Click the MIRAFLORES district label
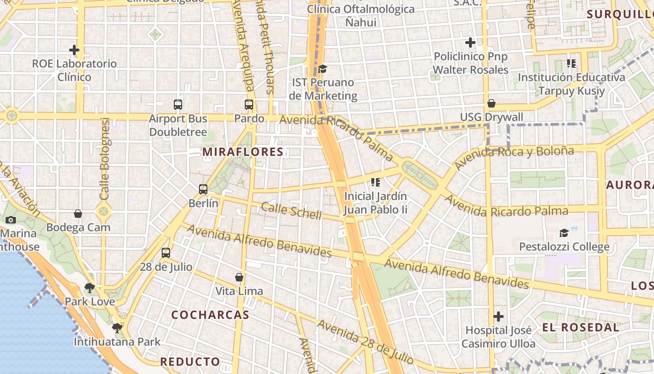[x=243, y=151]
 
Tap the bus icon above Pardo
[x=249, y=105]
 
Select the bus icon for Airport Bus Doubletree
[x=178, y=105]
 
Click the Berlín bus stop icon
[x=203, y=189]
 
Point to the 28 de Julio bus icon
[x=166, y=253]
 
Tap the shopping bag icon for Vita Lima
[x=239, y=277]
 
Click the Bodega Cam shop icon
[x=78, y=214]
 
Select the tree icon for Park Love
[x=89, y=288]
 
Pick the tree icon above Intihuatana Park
[x=117, y=328]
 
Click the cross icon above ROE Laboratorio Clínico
[x=74, y=50]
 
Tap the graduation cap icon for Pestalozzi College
[x=564, y=233]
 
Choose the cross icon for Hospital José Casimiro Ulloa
[x=498, y=316]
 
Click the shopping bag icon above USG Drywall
[x=491, y=103]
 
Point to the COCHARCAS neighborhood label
[x=210, y=315]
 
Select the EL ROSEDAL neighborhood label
[x=581, y=327]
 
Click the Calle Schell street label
[x=291, y=211]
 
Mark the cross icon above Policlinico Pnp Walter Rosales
[x=470, y=43]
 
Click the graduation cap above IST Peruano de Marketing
[x=322, y=69]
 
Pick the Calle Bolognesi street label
[x=105, y=159]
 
